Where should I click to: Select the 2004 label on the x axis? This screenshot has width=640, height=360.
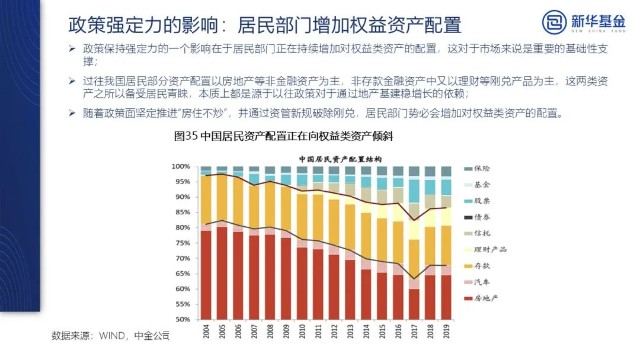click(x=206, y=329)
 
